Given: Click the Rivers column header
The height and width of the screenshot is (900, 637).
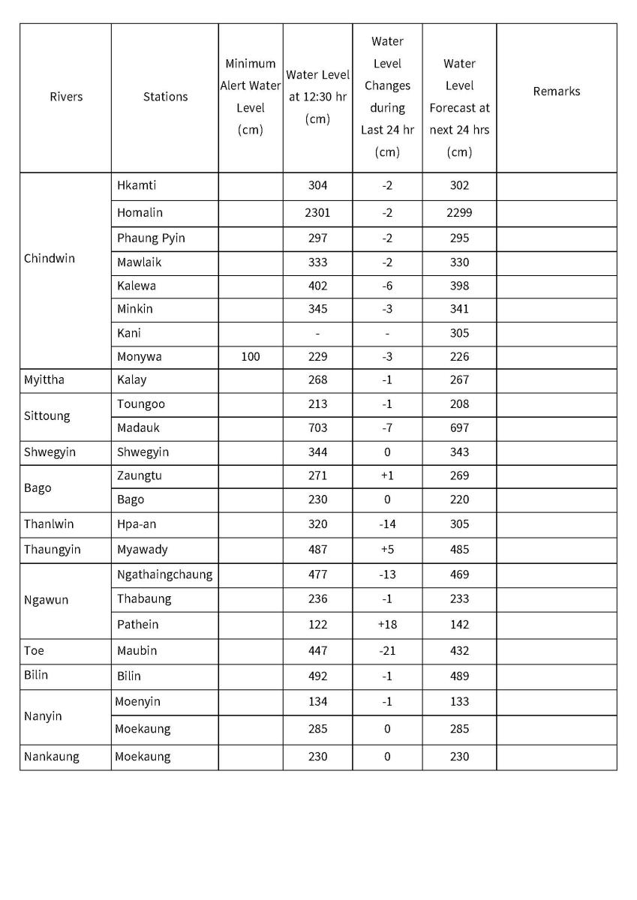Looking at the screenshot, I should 66,97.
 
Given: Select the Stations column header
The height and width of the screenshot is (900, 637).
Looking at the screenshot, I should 165,97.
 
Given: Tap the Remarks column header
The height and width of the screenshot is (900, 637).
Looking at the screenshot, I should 556,91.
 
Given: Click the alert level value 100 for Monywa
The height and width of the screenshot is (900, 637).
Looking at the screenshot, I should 251,357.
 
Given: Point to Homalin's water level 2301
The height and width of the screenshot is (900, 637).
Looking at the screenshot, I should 317,213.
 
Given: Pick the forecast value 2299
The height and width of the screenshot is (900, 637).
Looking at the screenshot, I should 459,213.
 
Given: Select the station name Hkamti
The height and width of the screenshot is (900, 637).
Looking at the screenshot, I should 137,185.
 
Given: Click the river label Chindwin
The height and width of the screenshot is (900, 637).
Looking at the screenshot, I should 50,259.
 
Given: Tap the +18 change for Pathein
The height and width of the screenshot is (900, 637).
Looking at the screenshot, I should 387,625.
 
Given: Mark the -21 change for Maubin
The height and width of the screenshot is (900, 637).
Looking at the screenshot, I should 387,651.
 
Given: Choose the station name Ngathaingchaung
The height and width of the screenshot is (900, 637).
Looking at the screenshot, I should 164,575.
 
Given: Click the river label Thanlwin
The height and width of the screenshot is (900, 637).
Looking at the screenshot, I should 49,524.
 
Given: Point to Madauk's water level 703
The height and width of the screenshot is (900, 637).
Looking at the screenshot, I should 317,428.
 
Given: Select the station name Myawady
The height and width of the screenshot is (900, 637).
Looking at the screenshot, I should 143,550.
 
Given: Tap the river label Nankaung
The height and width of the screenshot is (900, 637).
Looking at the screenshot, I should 51,757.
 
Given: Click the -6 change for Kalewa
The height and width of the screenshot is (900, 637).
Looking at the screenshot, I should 387,286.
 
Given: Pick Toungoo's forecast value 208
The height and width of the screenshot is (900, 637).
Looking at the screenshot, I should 459,404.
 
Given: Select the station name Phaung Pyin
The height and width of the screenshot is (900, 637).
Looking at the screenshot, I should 151,238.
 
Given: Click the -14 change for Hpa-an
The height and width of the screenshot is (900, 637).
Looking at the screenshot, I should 387,524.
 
